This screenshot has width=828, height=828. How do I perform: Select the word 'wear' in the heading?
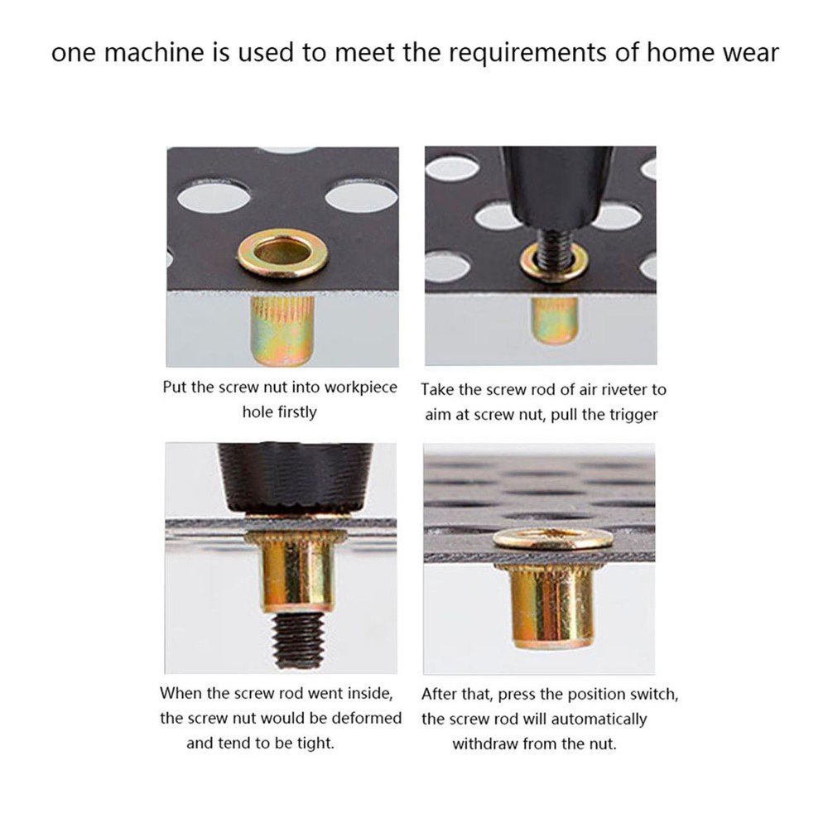click(749, 54)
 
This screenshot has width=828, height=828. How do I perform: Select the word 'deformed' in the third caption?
click(368, 718)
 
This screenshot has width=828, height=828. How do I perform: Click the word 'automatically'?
click(597, 719)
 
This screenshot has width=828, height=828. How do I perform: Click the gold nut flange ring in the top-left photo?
click(282, 254)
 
